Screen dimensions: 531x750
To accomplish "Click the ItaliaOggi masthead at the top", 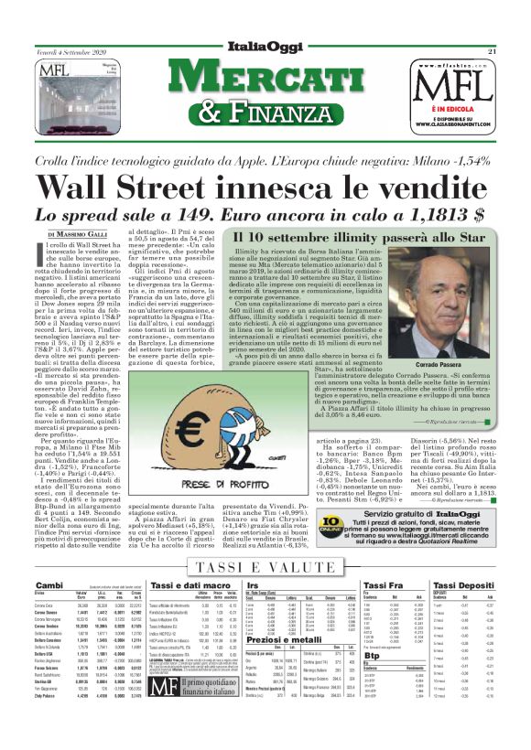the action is pyautogui.click(x=265, y=48).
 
